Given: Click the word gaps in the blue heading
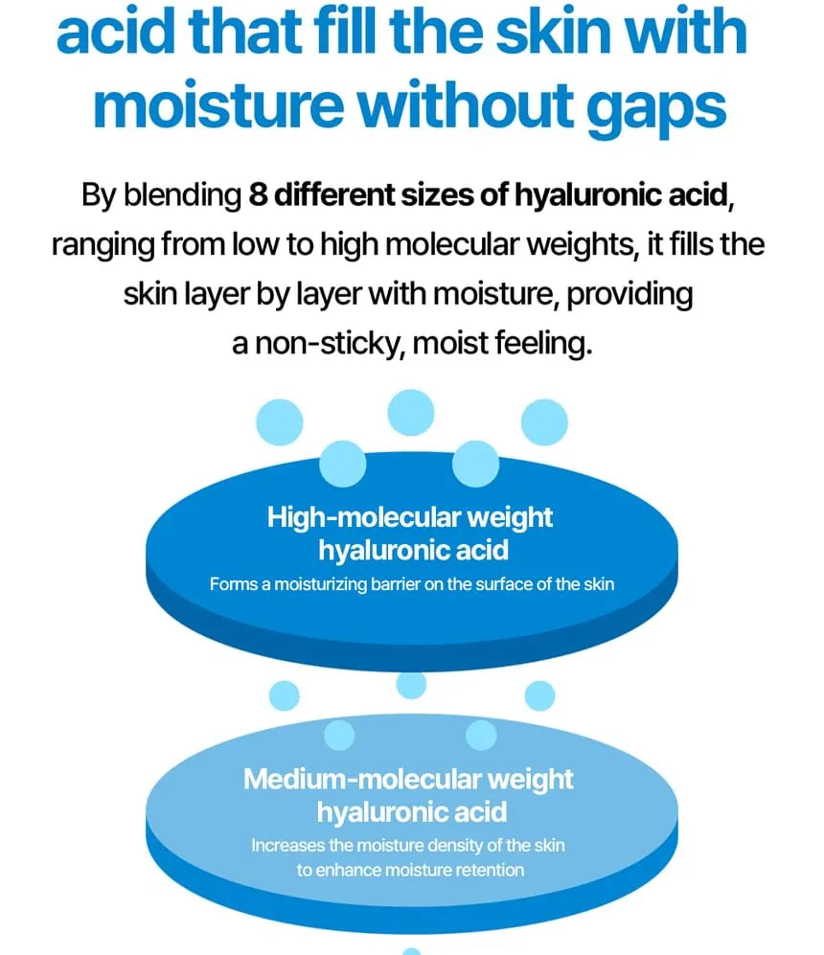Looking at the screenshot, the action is [656, 108].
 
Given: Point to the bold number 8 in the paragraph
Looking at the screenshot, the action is [259, 194].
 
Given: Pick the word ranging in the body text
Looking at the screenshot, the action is [103, 245].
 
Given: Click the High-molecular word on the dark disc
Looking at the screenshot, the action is [363, 517].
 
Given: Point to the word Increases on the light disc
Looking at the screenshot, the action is [288, 846].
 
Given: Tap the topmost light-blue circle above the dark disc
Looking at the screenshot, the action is [411, 413].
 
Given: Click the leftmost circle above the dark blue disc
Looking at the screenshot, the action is [280, 422].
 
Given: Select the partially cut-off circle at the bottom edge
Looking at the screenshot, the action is [412, 951].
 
